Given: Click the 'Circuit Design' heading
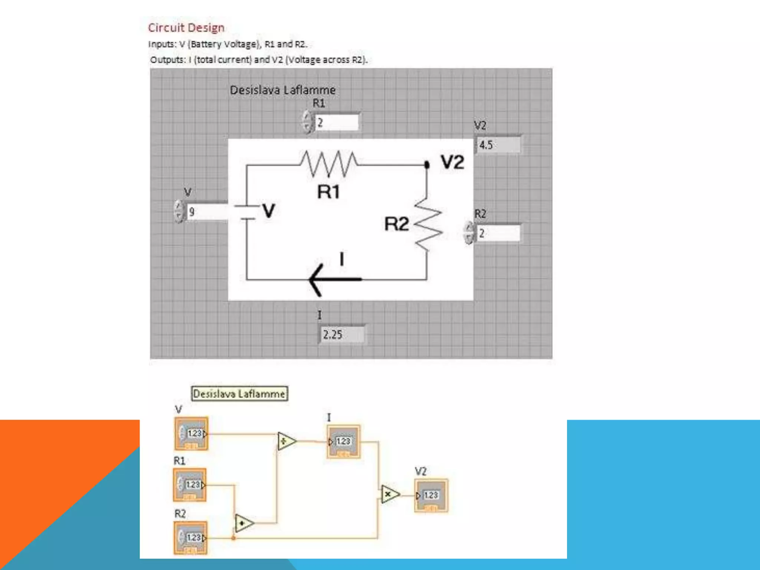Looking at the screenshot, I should tap(186, 28).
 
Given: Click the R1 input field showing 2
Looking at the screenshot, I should tap(336, 122).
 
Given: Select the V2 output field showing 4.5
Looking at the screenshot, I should tap(498, 145).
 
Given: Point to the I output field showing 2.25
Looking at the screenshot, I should tap(341, 335).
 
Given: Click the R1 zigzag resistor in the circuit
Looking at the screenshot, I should tap(329, 163).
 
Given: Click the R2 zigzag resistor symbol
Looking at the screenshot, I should tap(428, 225).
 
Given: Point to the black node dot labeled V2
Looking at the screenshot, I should tap(427, 164).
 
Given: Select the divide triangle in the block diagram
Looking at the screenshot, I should tap(286, 441).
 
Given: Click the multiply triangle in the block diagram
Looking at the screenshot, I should tap(390, 494).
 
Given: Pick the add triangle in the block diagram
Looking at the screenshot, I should tap(244, 523).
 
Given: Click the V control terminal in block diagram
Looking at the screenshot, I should tap(191, 433).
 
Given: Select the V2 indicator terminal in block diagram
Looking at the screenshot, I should tap(431, 495).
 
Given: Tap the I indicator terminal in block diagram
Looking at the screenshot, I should tap(343, 441).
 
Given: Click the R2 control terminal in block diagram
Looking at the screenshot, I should tap(190, 538).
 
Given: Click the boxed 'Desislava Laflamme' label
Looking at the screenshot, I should tap(239, 394).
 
